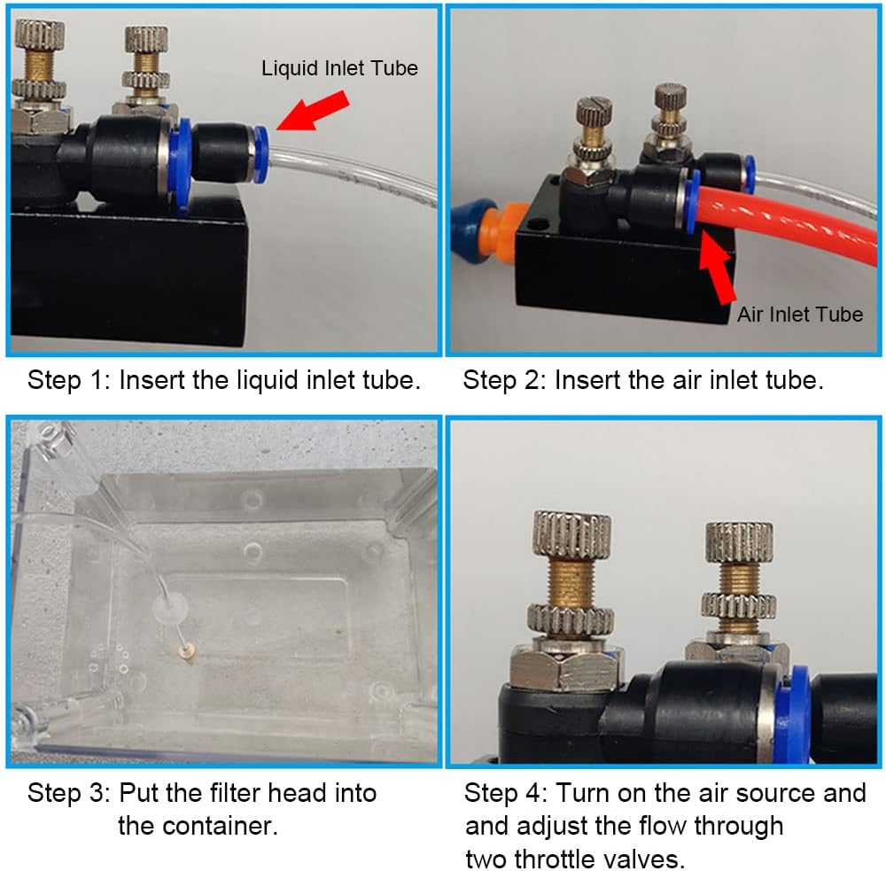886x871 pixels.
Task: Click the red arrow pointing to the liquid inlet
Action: tap(315, 113)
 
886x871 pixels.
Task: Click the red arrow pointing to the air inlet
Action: tap(719, 267)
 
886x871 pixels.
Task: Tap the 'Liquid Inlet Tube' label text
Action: tap(339, 68)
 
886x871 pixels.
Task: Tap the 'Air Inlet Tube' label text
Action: tap(799, 314)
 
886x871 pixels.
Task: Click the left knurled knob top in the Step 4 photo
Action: tap(571, 534)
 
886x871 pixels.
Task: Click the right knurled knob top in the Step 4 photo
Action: tap(739, 542)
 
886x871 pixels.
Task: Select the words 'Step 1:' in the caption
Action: tap(67, 381)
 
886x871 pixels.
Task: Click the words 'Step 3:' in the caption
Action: tap(67, 792)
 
